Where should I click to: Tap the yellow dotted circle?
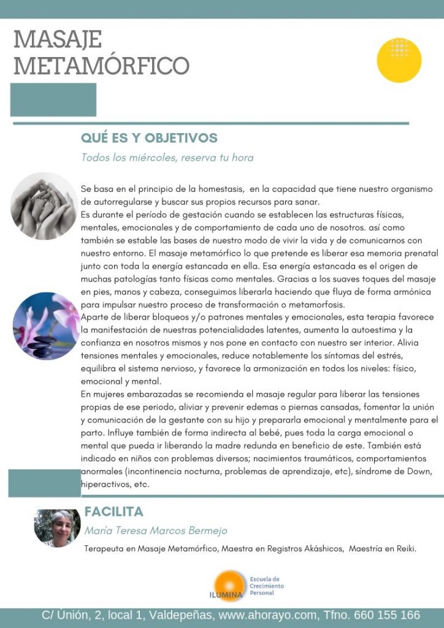tap(399, 60)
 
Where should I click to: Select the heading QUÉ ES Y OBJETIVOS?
tap(149, 138)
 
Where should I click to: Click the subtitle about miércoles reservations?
tap(167, 158)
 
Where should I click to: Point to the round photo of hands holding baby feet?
tap(44, 205)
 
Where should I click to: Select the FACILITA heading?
tap(113, 511)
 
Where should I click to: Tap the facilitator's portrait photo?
tap(57, 527)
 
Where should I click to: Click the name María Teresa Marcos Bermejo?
tap(156, 530)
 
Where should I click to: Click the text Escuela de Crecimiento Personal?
tap(267, 586)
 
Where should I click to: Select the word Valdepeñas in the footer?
tap(182, 615)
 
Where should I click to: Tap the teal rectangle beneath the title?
tap(53, 99)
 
